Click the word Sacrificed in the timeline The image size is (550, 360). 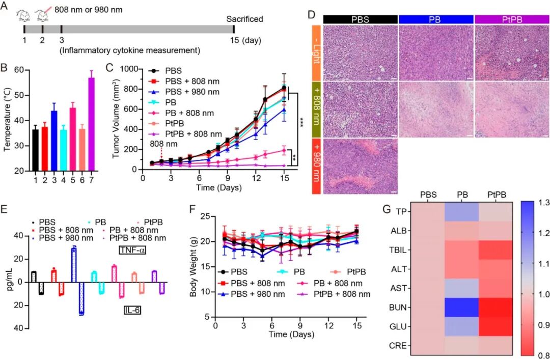click(x=244, y=19)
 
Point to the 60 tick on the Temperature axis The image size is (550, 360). click(x=21, y=70)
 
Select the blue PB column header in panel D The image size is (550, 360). click(x=436, y=19)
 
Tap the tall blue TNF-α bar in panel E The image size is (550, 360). click(x=74, y=264)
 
